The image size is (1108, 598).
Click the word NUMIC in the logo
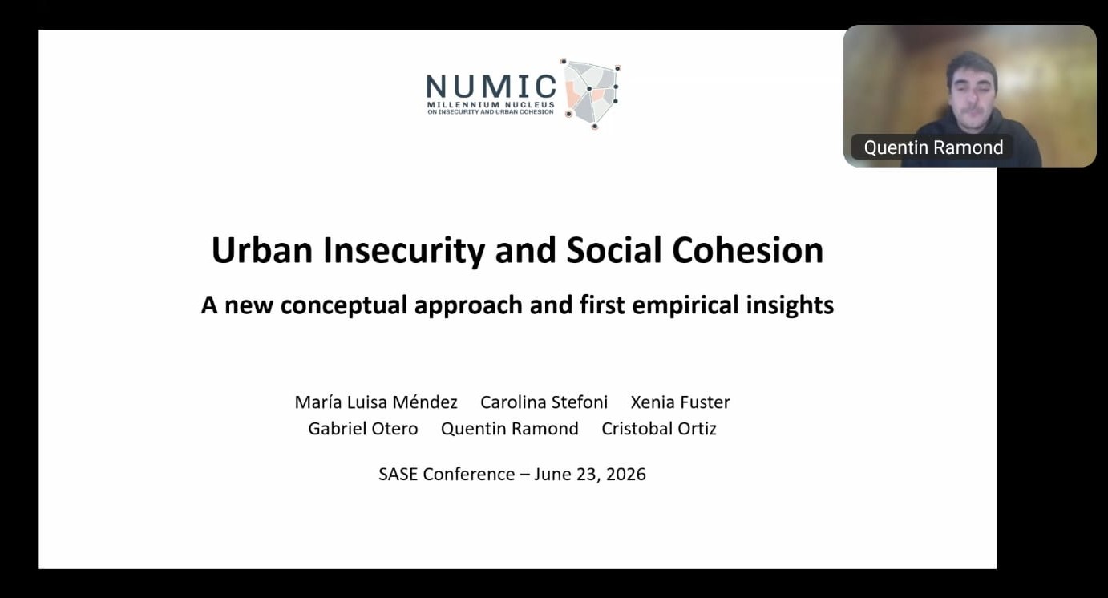[x=491, y=87]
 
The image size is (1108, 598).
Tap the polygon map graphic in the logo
[x=591, y=94]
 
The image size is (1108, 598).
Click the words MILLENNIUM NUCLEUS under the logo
[x=491, y=105]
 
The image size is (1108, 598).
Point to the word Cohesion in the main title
[x=747, y=250]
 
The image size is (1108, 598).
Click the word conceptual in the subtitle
[x=343, y=305]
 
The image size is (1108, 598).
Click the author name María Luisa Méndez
[x=376, y=402]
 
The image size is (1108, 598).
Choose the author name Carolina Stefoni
[x=544, y=402]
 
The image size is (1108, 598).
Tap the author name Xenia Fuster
[x=680, y=402]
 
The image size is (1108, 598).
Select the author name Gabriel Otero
[x=363, y=428]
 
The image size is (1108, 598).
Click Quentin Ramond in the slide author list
[x=509, y=428]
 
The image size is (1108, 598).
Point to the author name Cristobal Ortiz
[x=659, y=428]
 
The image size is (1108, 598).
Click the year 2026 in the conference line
[x=625, y=474]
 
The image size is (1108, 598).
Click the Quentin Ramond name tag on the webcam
[x=933, y=147]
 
